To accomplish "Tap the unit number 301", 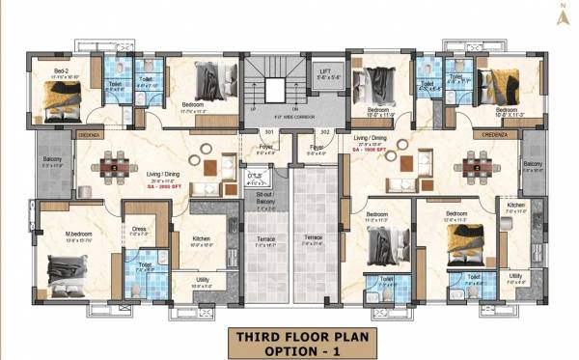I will click(x=269, y=131).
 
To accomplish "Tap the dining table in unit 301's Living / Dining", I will click(x=115, y=166).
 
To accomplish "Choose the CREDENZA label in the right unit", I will click(x=485, y=136).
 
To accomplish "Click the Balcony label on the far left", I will click(x=50, y=161).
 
